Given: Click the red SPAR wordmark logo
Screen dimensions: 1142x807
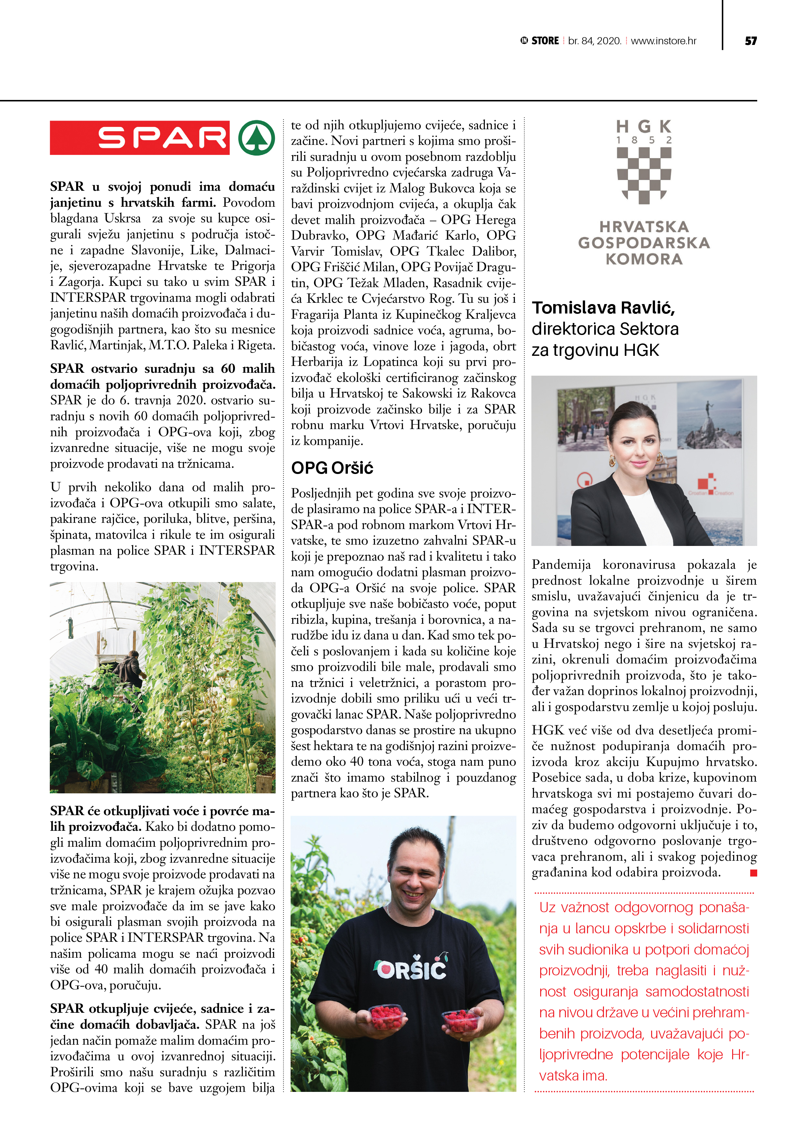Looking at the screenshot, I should coord(140,138).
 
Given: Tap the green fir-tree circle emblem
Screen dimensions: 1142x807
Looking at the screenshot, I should coord(256,138).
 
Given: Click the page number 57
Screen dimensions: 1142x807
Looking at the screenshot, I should coord(750,41).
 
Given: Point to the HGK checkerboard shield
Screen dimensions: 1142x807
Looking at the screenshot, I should coord(644,175).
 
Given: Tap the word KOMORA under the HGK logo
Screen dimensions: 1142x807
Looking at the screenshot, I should coord(644,259).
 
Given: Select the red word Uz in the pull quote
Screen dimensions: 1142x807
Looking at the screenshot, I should coord(547,907).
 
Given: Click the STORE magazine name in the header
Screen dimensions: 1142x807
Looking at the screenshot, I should coord(545,41).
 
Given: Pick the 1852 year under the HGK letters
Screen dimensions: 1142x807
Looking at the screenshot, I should coord(644,140).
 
